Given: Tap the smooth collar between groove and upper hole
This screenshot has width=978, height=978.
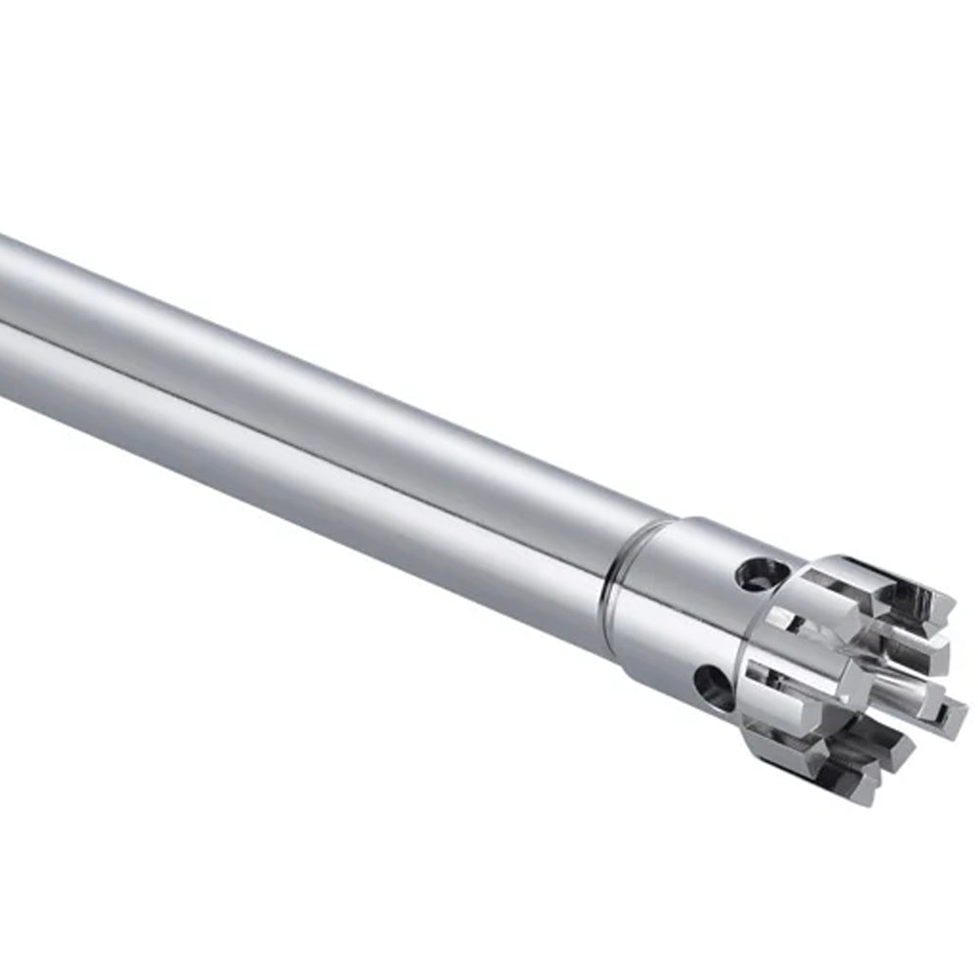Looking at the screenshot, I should (x=685, y=557).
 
